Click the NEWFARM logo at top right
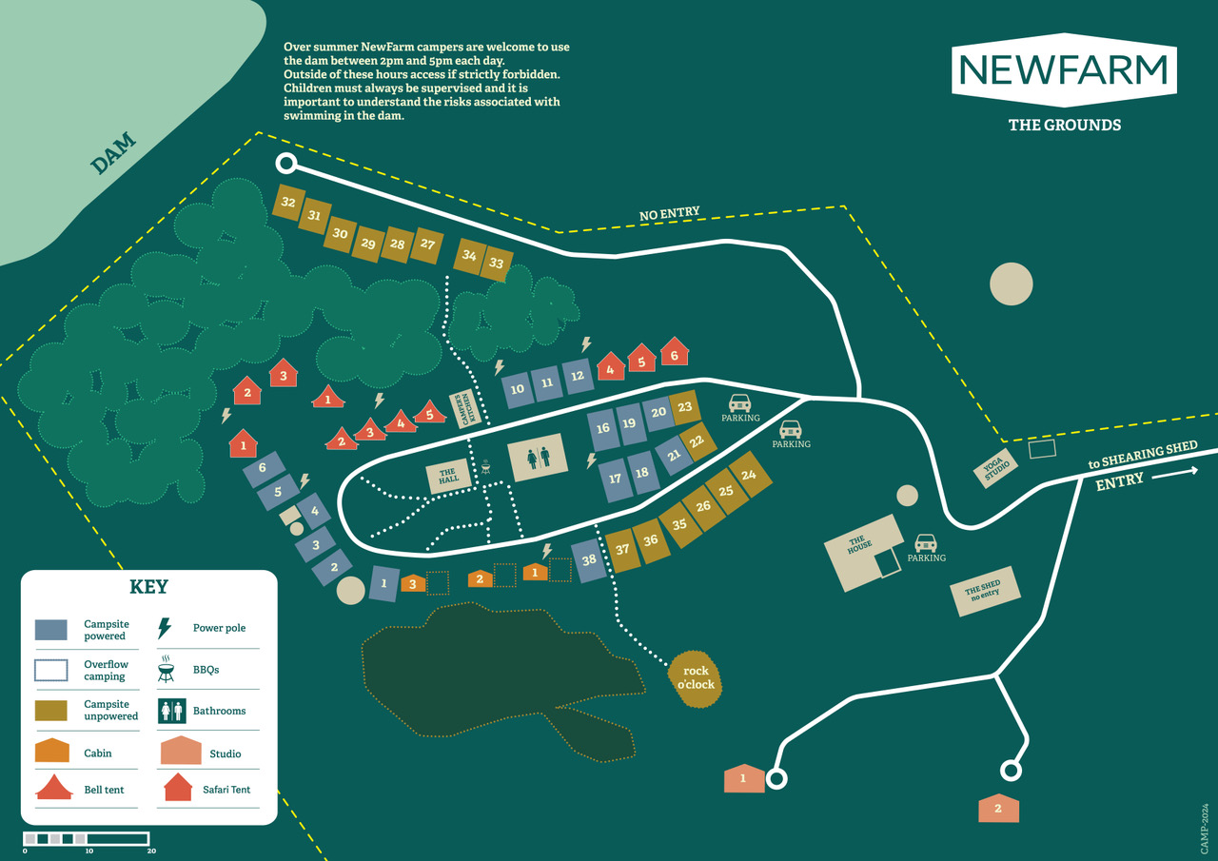pyautogui.click(x=1064, y=70)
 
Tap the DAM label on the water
pyautogui.click(x=113, y=154)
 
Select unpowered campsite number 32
pyautogui.click(x=288, y=203)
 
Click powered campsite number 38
pyautogui.click(x=589, y=560)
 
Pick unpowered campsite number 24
pyautogui.click(x=749, y=475)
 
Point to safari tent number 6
pyautogui.click(x=675, y=352)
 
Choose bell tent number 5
pyautogui.click(x=429, y=413)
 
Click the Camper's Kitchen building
pyautogui.click(x=466, y=409)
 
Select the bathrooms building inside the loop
pyautogui.click(x=538, y=457)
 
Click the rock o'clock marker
pyautogui.click(x=696, y=678)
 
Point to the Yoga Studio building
pyautogui.click(x=995, y=468)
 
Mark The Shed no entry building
pyautogui.click(x=985, y=592)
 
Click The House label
pyautogui.click(x=859, y=544)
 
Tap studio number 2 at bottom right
pyautogui.click(x=998, y=808)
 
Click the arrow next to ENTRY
pyautogui.click(x=1174, y=473)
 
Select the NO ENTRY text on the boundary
pyautogui.click(x=669, y=214)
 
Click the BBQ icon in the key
pyautogui.click(x=166, y=669)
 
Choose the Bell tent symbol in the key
pyautogui.click(x=54, y=787)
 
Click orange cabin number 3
pyautogui.click(x=413, y=583)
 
